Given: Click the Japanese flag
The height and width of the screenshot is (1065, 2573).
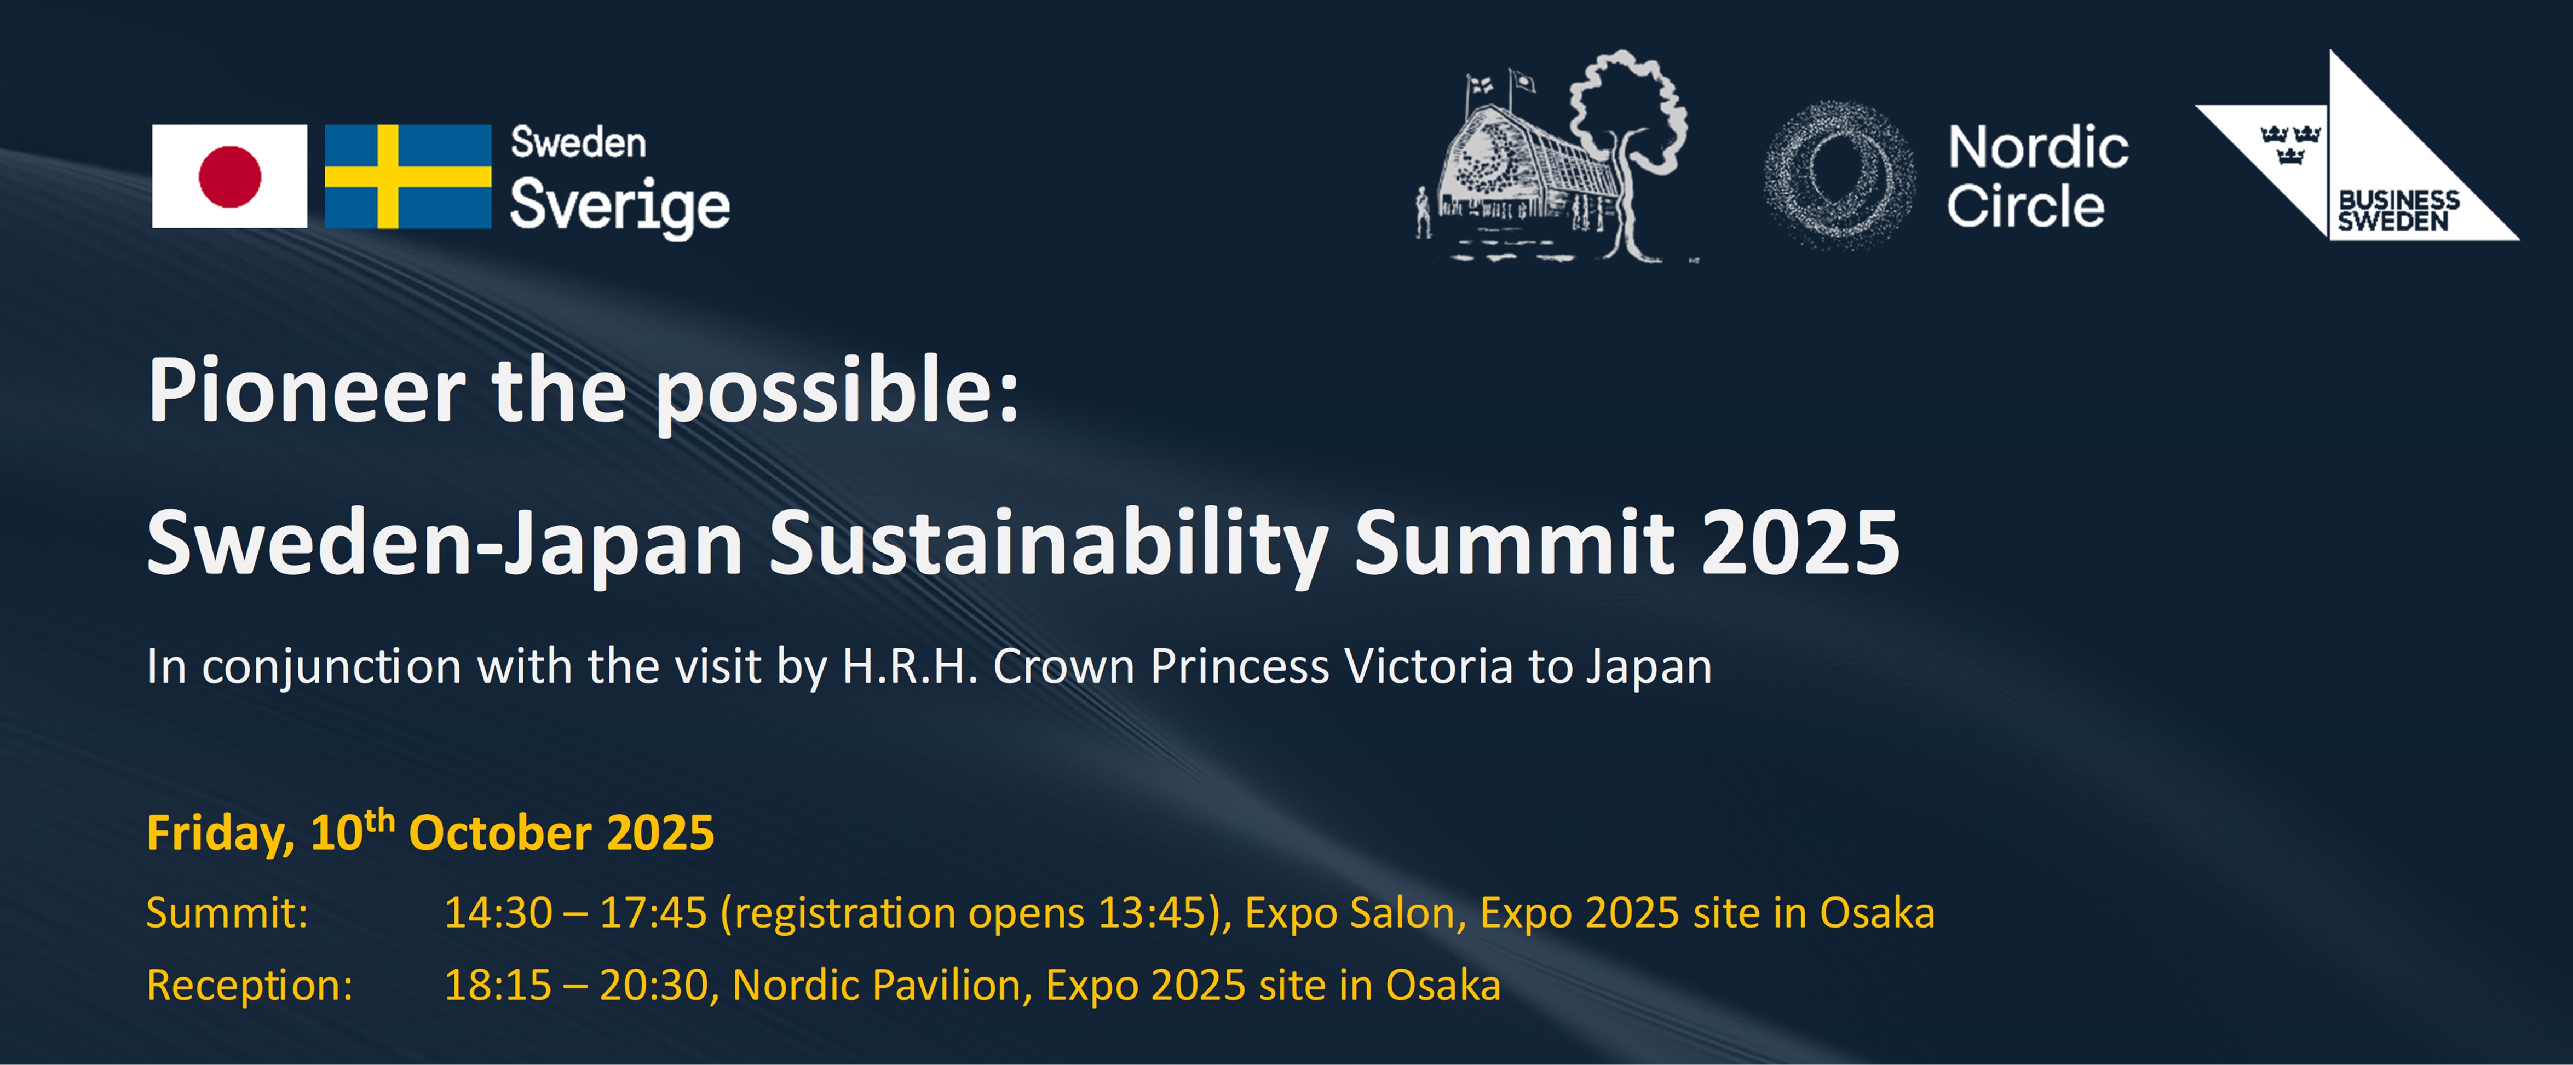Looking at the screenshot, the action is [x=230, y=176].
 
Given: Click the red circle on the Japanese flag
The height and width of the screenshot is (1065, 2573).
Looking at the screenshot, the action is [x=230, y=176].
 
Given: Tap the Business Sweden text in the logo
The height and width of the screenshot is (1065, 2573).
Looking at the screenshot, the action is [x=2398, y=211].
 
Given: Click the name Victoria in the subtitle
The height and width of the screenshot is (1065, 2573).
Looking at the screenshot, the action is [x=1429, y=666].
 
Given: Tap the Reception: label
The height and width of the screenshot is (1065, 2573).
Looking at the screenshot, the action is [x=250, y=985].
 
